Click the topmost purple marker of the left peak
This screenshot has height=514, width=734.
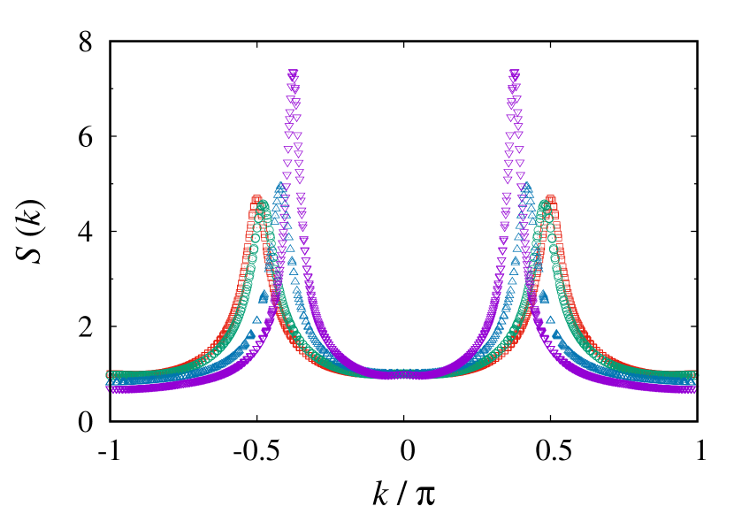pyautogui.click(x=293, y=74)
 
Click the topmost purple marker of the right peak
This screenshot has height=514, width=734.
pyautogui.click(x=514, y=74)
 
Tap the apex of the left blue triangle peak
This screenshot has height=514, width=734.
pyautogui.click(x=280, y=187)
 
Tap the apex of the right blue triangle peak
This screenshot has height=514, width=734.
pyautogui.click(x=526, y=187)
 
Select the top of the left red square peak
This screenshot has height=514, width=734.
pyautogui.click(x=256, y=200)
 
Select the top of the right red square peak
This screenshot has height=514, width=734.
pyautogui.click(x=550, y=200)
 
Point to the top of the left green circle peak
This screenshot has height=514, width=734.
pyautogui.click(x=264, y=205)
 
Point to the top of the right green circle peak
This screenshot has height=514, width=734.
pyautogui.click(x=543, y=205)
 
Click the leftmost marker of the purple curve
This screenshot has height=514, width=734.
pyautogui.click(x=111, y=387)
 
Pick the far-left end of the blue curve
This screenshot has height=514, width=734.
pyautogui.click(x=111, y=382)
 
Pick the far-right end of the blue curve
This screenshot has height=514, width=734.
pyautogui.click(x=695, y=382)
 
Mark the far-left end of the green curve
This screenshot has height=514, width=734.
pyautogui.click(x=111, y=377)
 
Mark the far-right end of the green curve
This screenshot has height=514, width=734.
pyautogui.click(x=696, y=377)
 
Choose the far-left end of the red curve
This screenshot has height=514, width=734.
pyautogui.click(x=110, y=373)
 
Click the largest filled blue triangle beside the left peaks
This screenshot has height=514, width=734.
pyautogui.click(x=263, y=297)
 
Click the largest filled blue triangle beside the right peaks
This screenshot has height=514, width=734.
pyautogui.click(x=544, y=297)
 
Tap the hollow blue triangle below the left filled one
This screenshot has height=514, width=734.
pyautogui.click(x=256, y=319)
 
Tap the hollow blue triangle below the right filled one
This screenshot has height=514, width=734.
pyautogui.click(x=550, y=319)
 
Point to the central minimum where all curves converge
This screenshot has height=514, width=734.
pyautogui.click(x=403, y=374)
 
